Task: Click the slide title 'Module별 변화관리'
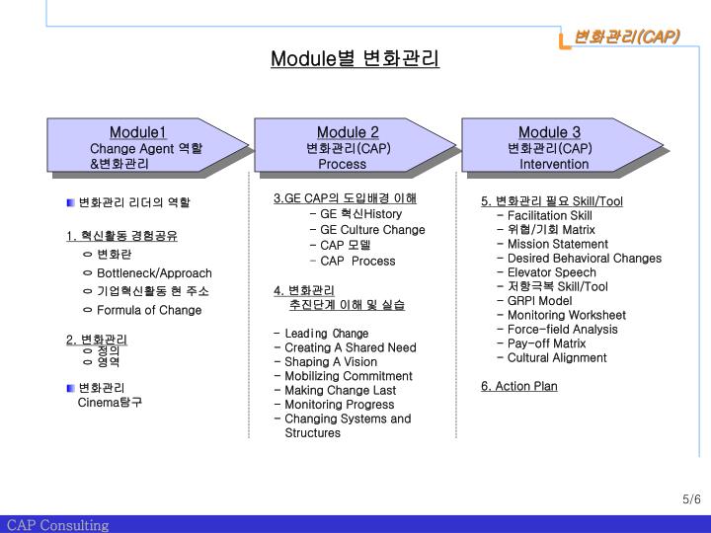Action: [x=355, y=59]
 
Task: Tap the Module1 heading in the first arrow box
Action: [x=137, y=133]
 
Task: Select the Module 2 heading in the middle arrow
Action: [x=348, y=133]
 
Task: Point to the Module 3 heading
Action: [x=549, y=133]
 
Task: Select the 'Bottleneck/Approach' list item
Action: [x=154, y=272]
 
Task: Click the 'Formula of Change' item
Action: [x=149, y=310]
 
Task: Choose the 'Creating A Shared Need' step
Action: [x=351, y=347]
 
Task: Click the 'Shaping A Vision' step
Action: [x=331, y=362]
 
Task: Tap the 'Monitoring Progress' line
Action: [x=339, y=405]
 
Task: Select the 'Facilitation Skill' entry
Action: [x=550, y=215]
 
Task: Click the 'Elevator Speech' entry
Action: [x=552, y=272]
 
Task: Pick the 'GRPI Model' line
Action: [x=539, y=301]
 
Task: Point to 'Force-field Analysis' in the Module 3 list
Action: [x=562, y=330]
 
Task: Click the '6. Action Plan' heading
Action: [x=519, y=386]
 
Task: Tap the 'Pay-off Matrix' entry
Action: [x=546, y=343]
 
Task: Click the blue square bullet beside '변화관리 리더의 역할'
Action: [x=71, y=202]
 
